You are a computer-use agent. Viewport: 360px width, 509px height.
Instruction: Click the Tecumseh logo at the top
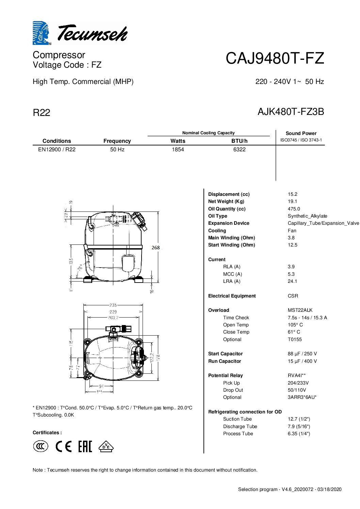coord(80,33)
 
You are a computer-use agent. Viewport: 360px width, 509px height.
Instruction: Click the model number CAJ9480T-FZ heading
coord(275,58)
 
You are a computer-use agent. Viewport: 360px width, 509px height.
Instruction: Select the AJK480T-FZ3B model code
coord(291,112)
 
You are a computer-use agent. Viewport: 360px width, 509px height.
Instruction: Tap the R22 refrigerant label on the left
coord(42,113)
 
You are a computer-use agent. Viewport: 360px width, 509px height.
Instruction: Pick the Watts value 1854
coord(178,150)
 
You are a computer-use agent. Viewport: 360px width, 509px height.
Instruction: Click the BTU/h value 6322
coord(239,150)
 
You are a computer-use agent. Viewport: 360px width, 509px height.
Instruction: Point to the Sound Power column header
coord(301,133)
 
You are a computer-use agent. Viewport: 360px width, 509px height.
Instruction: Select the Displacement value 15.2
coord(292,194)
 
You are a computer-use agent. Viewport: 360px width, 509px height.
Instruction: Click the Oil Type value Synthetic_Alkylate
coord(307,216)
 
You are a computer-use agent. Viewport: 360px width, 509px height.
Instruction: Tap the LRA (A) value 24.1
coord(292,281)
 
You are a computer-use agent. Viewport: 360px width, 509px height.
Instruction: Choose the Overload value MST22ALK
coord(300,310)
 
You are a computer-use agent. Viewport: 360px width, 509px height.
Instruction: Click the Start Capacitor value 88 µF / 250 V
coord(302,354)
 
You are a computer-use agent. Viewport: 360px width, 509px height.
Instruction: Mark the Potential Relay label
coord(225,375)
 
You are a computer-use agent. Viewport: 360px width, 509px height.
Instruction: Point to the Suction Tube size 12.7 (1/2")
coord(299,419)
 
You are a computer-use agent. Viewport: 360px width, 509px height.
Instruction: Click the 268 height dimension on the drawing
coord(156,248)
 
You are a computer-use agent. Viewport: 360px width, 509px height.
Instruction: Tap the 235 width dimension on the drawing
coord(113,305)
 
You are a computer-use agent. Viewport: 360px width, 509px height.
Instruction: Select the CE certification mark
coord(64,446)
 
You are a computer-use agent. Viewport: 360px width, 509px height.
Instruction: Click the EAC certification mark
coord(85,446)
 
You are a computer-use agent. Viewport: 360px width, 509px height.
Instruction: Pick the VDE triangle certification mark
coord(106,446)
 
